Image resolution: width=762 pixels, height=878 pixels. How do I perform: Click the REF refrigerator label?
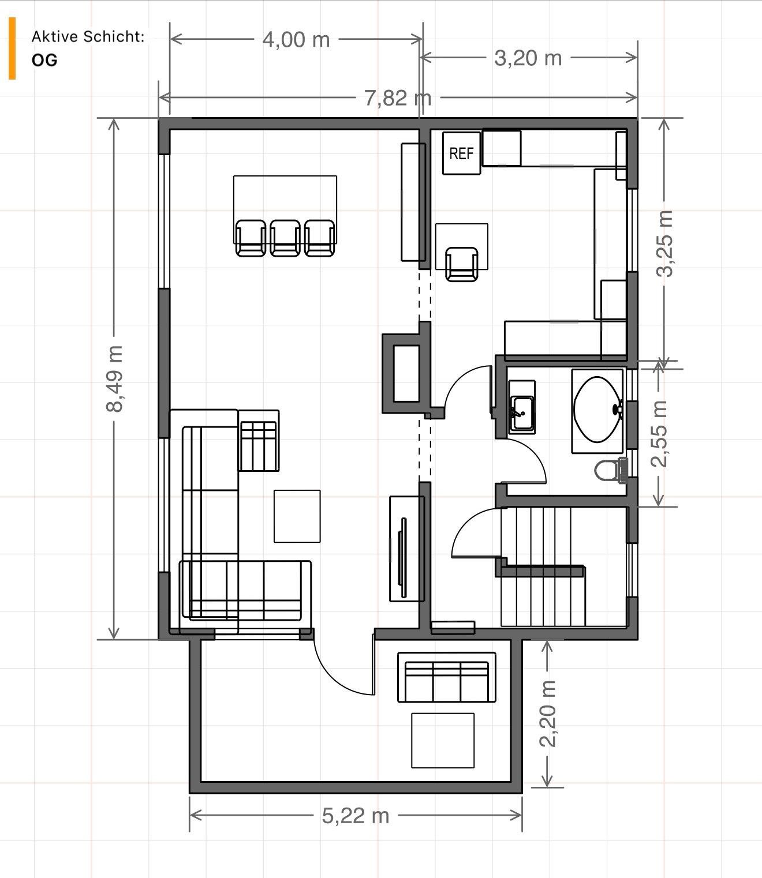461,153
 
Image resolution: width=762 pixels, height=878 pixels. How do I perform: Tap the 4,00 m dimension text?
296,40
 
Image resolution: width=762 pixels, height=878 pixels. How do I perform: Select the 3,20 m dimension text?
528,58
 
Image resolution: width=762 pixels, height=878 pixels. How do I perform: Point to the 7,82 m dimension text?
397,98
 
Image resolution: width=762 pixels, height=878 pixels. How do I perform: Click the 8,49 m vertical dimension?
114,378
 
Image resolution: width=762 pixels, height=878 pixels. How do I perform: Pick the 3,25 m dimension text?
665,243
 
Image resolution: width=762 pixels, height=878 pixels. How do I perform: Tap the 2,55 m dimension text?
659,434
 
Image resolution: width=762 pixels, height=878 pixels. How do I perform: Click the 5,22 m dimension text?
355,815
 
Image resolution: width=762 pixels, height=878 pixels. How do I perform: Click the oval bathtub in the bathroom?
597,410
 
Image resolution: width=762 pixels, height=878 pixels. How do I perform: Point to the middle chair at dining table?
285,238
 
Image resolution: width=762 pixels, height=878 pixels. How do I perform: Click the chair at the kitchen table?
462,264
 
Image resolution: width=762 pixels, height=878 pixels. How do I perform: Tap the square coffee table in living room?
297,516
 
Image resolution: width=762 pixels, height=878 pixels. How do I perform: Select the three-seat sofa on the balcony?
446,677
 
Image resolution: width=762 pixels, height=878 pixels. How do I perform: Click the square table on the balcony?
443,740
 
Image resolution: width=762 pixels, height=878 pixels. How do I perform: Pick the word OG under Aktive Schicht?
44,61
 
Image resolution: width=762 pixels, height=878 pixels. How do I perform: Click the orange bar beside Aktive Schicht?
12,48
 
